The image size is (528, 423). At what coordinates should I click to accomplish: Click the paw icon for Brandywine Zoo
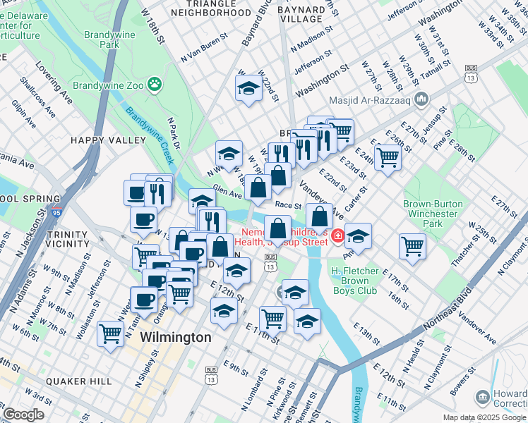[x=155, y=85]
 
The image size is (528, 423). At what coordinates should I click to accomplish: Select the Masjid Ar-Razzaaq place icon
[x=422, y=97]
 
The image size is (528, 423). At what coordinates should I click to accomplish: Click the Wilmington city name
[x=176, y=338]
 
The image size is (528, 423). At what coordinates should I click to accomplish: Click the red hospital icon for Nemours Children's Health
[x=338, y=236]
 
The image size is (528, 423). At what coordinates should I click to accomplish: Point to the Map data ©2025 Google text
[x=484, y=417]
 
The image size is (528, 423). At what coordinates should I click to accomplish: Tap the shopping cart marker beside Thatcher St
[x=412, y=246]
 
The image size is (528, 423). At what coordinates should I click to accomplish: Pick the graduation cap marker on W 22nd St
[x=248, y=89]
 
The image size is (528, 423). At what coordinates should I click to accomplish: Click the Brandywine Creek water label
[x=145, y=123]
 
